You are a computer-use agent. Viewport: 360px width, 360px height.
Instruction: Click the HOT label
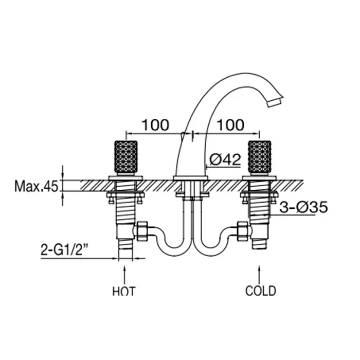124,291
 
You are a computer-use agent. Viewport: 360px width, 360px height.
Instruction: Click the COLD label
261,291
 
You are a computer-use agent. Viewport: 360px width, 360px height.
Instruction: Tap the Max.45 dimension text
37,186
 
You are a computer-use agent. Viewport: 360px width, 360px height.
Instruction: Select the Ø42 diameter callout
225,159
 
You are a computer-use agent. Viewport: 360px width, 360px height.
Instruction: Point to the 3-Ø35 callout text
303,207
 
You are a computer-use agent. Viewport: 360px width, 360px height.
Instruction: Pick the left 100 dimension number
155,125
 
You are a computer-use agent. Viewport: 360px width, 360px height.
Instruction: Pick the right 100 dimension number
230,125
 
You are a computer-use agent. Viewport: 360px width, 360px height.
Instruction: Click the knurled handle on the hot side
126,157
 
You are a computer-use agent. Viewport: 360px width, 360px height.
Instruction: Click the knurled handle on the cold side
260,157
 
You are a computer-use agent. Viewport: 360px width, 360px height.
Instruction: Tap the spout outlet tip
275,102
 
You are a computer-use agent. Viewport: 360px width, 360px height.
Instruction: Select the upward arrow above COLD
259,275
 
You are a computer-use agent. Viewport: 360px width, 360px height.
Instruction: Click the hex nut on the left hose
142,231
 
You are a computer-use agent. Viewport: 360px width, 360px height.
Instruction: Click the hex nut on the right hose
243,231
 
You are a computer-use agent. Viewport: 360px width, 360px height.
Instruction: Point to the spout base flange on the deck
191,178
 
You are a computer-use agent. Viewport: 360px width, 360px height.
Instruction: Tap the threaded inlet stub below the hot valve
125,244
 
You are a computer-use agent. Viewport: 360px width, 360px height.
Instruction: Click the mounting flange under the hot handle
125,178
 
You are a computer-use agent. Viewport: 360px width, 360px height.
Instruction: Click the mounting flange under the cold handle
259,178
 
